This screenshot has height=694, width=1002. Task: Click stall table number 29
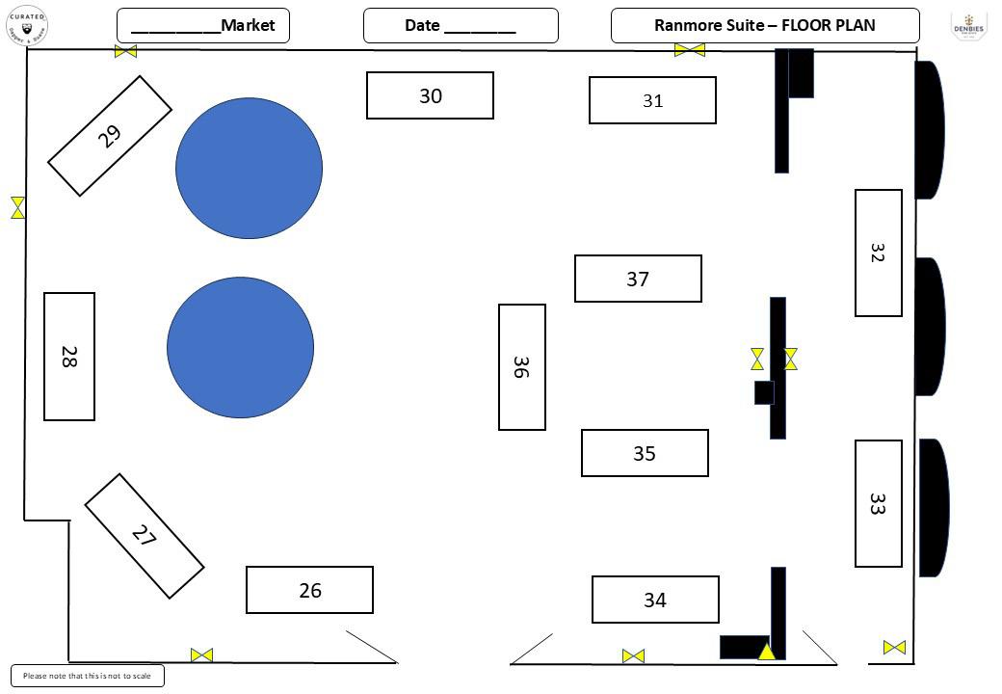point(110,136)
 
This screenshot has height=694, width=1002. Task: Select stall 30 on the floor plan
point(430,95)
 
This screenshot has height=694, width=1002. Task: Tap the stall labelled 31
point(652,100)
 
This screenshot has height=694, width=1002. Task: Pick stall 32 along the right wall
point(878,253)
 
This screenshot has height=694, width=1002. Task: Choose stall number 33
point(878,503)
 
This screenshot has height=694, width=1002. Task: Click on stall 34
point(655,600)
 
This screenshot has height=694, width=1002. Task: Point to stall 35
point(645,453)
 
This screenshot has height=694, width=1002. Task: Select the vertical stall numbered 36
point(521,367)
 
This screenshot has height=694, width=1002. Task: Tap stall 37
point(638,279)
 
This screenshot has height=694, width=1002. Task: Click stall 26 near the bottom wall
point(309,590)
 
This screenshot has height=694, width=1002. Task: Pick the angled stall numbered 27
point(145,536)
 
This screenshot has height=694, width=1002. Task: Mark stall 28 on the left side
point(69,357)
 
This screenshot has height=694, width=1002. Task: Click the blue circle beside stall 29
point(249,168)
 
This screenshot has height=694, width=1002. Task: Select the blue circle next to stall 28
point(240,347)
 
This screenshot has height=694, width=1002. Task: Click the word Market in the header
point(248,25)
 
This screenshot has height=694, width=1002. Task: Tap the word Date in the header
point(422,26)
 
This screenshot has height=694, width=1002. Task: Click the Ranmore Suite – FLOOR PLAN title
point(764,26)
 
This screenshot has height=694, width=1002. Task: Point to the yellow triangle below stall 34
point(766,652)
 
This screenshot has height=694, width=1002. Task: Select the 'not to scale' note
point(87,676)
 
